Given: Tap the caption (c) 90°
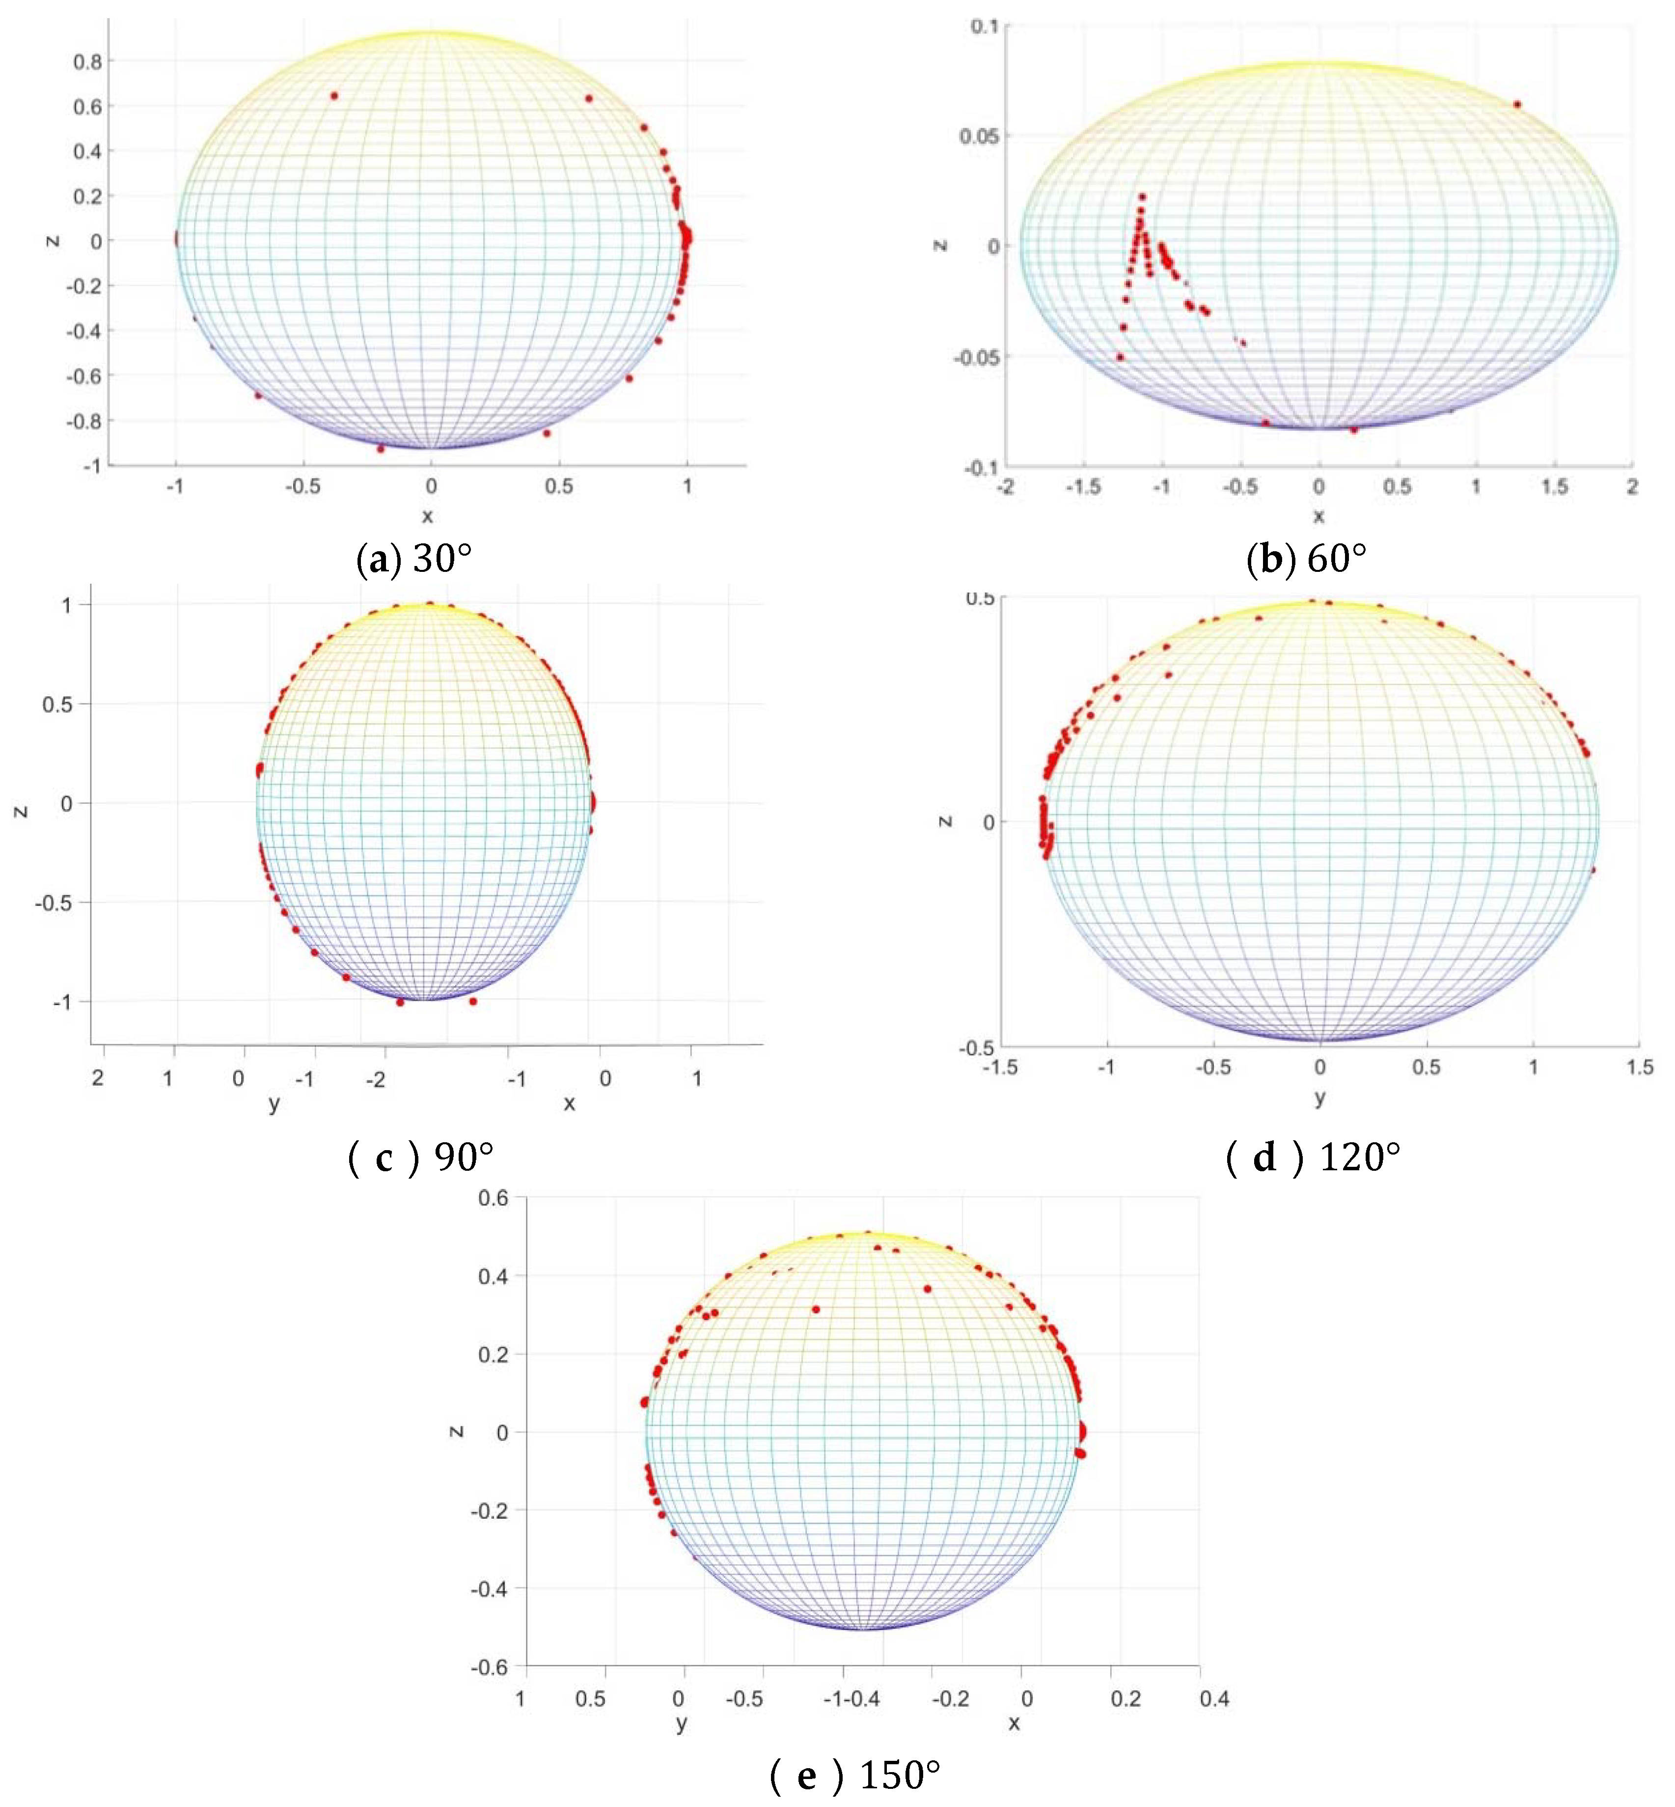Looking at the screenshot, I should [x=421, y=1158].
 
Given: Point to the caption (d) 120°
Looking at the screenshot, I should [x=1313, y=1158].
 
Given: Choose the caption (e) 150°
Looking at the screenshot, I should [x=855, y=1775].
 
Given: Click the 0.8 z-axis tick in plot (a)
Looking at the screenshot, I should [x=88, y=61].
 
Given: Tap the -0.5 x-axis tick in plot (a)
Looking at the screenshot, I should [x=302, y=487].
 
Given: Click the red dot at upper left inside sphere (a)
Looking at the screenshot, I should [x=333, y=95].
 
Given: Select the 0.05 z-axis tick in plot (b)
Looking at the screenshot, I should [x=979, y=136].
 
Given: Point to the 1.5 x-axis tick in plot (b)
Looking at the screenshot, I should [x=1555, y=487].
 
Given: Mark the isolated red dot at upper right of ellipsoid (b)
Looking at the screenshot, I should [x=1517, y=104].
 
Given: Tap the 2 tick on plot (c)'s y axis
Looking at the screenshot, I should [x=98, y=1078].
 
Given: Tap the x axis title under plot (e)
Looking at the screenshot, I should [x=1014, y=1722].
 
